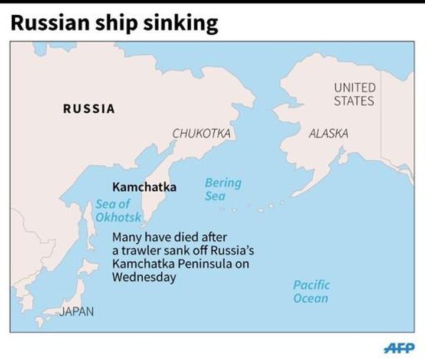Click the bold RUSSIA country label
point(89,109)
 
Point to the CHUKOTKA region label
point(201,134)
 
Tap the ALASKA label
point(328,134)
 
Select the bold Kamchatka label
point(144,187)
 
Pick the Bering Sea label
point(223,189)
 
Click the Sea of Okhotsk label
point(117,211)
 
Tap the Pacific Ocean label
point(311,292)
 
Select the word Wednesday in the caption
point(144,277)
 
